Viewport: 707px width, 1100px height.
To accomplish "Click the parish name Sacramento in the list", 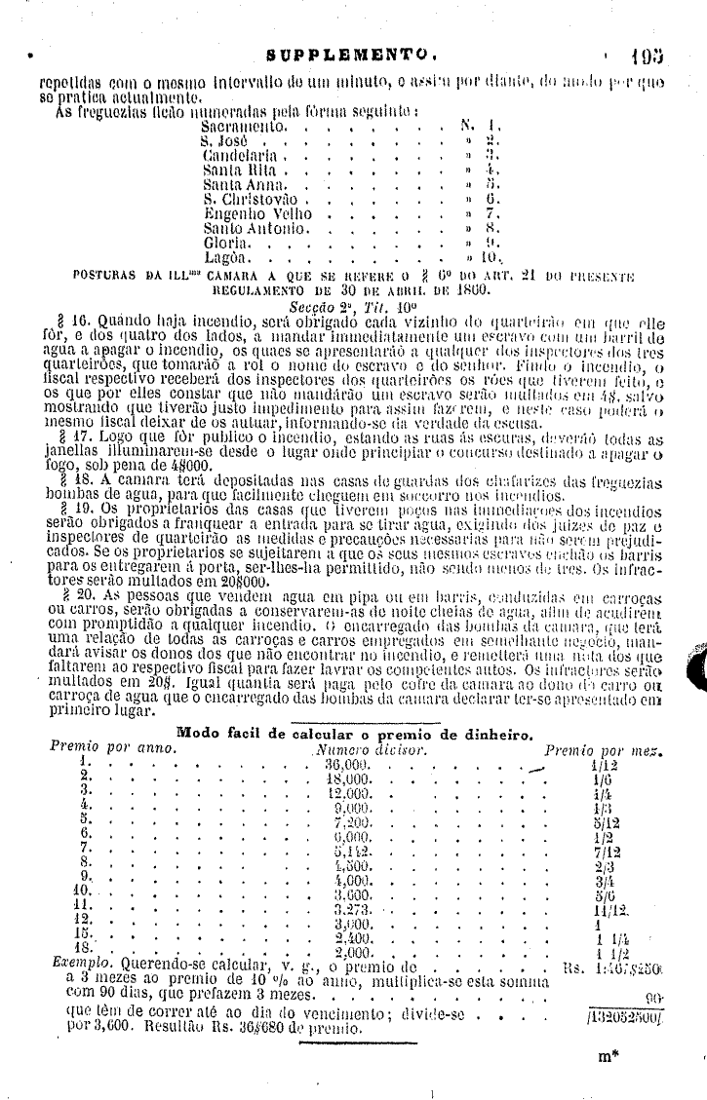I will tap(245, 127).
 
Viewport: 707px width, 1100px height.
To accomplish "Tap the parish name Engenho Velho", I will tap(251, 213).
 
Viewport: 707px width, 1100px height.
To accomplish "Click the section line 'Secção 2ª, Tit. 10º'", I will tap(354, 303).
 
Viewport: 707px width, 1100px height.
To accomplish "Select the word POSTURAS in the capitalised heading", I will tap(107, 275).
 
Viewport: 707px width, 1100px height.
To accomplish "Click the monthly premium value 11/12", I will tap(609, 909).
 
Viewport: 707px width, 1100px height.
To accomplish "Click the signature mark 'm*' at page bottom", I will tap(609, 1055).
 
